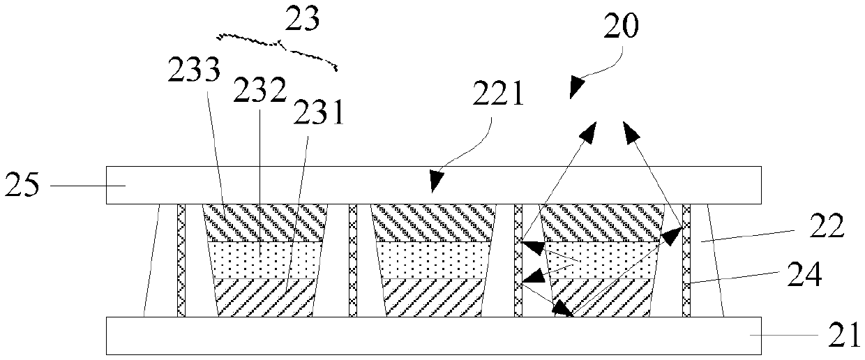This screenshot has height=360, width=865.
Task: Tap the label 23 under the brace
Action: (303, 20)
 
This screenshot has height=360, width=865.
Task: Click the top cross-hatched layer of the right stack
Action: (601, 222)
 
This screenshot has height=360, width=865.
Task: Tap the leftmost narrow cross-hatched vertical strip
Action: (181, 260)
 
